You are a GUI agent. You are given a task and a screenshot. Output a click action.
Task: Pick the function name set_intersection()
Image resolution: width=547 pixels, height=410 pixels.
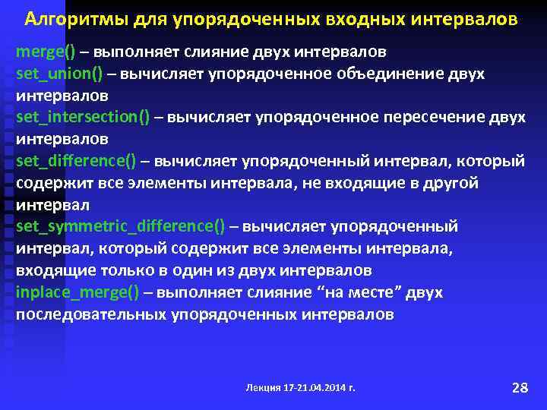pyautogui.click(x=83, y=118)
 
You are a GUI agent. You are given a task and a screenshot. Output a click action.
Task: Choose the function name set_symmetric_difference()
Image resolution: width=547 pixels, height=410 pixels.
pyautogui.click(x=120, y=227)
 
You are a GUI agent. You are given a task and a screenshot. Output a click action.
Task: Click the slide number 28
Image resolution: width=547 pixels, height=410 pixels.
pyautogui.click(x=520, y=388)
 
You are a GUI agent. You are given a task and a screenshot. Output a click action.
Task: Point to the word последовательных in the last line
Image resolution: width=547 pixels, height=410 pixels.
pyautogui.click(x=87, y=314)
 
